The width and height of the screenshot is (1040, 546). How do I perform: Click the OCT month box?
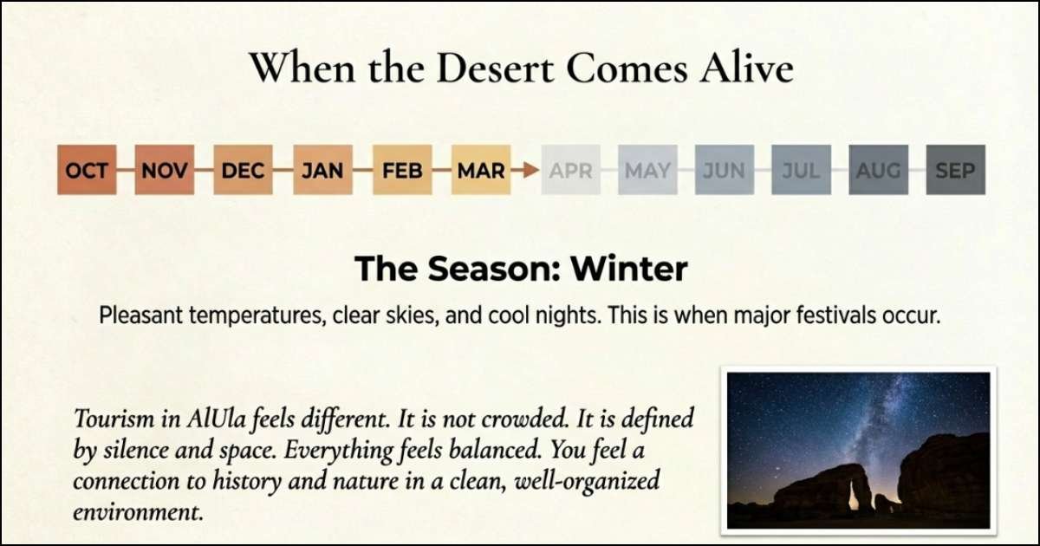(87, 170)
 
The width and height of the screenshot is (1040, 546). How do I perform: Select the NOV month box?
(165, 170)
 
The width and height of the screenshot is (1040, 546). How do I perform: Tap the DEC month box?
(243, 170)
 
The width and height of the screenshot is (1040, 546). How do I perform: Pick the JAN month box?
(322, 170)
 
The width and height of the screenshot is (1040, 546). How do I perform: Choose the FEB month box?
(402, 170)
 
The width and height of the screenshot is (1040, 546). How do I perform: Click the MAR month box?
(481, 170)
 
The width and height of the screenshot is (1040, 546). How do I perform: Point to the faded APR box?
(570, 170)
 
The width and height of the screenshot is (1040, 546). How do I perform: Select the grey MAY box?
(647, 170)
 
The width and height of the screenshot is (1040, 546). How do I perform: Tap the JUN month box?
(725, 170)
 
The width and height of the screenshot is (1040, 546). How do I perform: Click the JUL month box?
(801, 170)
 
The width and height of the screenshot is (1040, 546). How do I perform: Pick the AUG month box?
(878, 170)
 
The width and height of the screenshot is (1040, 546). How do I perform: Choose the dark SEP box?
(955, 170)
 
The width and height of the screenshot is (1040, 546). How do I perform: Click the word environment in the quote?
(139, 511)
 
